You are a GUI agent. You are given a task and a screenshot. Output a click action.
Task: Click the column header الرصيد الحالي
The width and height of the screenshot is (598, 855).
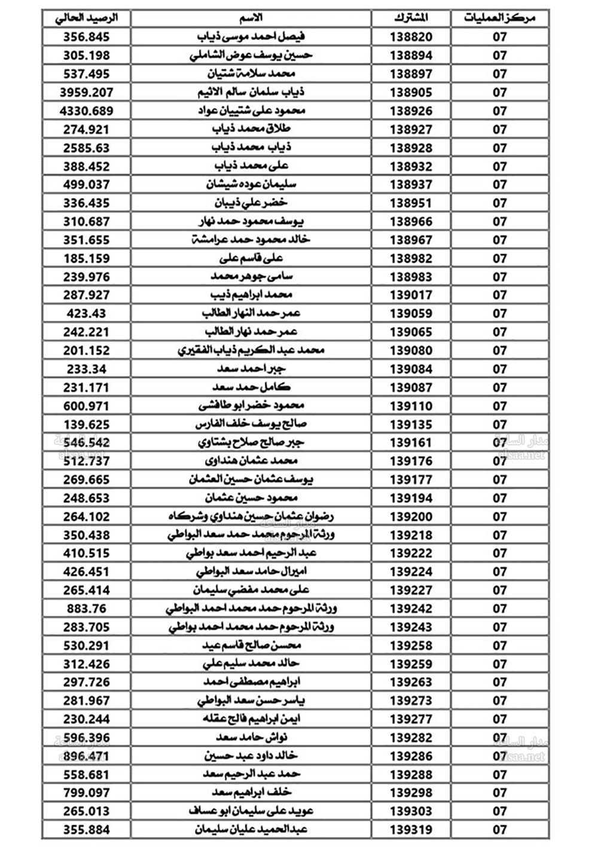87,18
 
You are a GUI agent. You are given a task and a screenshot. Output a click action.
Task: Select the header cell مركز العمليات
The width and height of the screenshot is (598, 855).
499,18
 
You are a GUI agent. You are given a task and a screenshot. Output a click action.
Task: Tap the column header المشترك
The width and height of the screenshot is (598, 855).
411,18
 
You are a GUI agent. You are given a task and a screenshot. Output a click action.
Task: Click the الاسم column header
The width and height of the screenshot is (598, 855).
251,18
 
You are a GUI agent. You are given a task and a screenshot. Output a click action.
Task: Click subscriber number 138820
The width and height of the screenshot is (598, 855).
411,37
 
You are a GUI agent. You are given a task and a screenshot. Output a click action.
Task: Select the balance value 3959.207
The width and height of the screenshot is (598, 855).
87,93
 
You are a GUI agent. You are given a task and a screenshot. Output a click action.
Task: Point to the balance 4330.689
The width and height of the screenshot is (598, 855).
87,111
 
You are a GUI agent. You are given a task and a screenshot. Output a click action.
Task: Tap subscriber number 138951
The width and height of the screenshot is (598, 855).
411,203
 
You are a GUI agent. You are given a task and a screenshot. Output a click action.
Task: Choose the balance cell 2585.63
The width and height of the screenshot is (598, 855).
87,148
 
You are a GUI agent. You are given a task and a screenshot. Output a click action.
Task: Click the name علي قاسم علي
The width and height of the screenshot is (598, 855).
251,258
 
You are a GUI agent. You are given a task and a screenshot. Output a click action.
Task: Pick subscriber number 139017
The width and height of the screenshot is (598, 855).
411,295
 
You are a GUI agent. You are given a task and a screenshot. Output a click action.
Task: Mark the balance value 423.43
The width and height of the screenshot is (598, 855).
87,314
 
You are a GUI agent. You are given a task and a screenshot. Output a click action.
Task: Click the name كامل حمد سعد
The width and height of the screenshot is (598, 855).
251,387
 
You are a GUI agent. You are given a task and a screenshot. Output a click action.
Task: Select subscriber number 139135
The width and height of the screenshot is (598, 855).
411,425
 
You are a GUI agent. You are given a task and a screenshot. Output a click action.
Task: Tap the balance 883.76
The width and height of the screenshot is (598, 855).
87,609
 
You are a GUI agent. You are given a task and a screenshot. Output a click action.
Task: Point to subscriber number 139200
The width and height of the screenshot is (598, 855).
411,517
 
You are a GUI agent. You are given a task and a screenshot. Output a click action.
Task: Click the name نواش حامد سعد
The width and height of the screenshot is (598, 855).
251,738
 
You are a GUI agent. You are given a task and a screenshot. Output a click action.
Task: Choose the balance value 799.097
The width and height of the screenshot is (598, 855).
87,793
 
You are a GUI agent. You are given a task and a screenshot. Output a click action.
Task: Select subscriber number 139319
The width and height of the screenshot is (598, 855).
411,830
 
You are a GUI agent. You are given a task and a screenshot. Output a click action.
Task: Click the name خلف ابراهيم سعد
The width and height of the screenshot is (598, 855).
251,793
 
